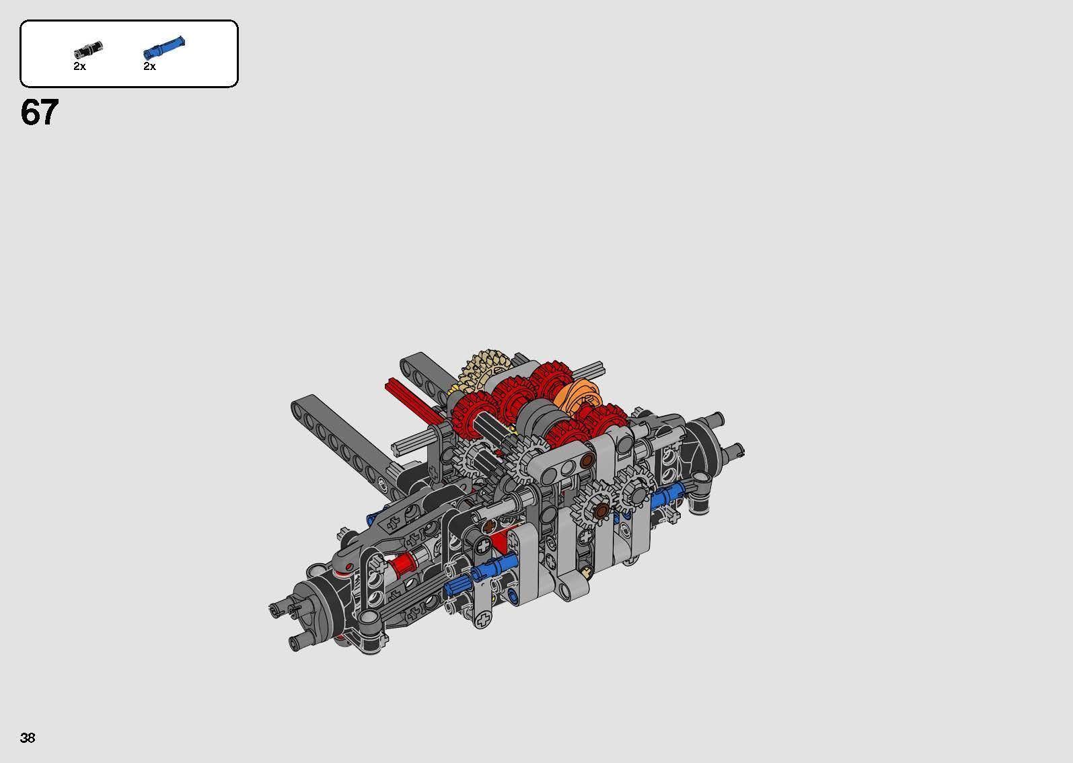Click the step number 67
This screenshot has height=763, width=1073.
click(40, 112)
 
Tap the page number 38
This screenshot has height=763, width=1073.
click(28, 738)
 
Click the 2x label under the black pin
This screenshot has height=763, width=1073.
click(79, 67)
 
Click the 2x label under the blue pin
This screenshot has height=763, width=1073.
click(149, 67)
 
